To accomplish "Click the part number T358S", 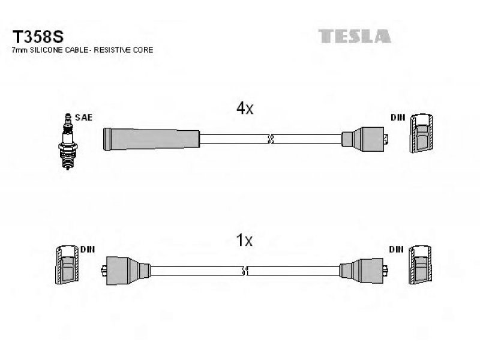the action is (x=38, y=37).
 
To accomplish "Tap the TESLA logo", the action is (x=355, y=36).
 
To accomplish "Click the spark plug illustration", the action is (x=67, y=142).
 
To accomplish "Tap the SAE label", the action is (x=83, y=118).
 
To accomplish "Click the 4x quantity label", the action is (x=245, y=108).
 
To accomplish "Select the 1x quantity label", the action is (x=244, y=241).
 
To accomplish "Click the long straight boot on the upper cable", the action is (x=152, y=139).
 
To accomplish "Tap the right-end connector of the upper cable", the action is (x=365, y=139).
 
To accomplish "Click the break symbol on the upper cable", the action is (x=271, y=139).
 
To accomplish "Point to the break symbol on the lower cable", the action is (x=245, y=271).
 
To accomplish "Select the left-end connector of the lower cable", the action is (x=125, y=271).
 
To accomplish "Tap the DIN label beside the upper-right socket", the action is (x=398, y=118).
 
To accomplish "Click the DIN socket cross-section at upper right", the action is (x=422, y=133).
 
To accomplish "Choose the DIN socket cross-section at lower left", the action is (x=67, y=265).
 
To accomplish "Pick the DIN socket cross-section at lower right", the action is (x=421, y=265).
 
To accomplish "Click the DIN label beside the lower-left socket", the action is (x=88, y=250).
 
